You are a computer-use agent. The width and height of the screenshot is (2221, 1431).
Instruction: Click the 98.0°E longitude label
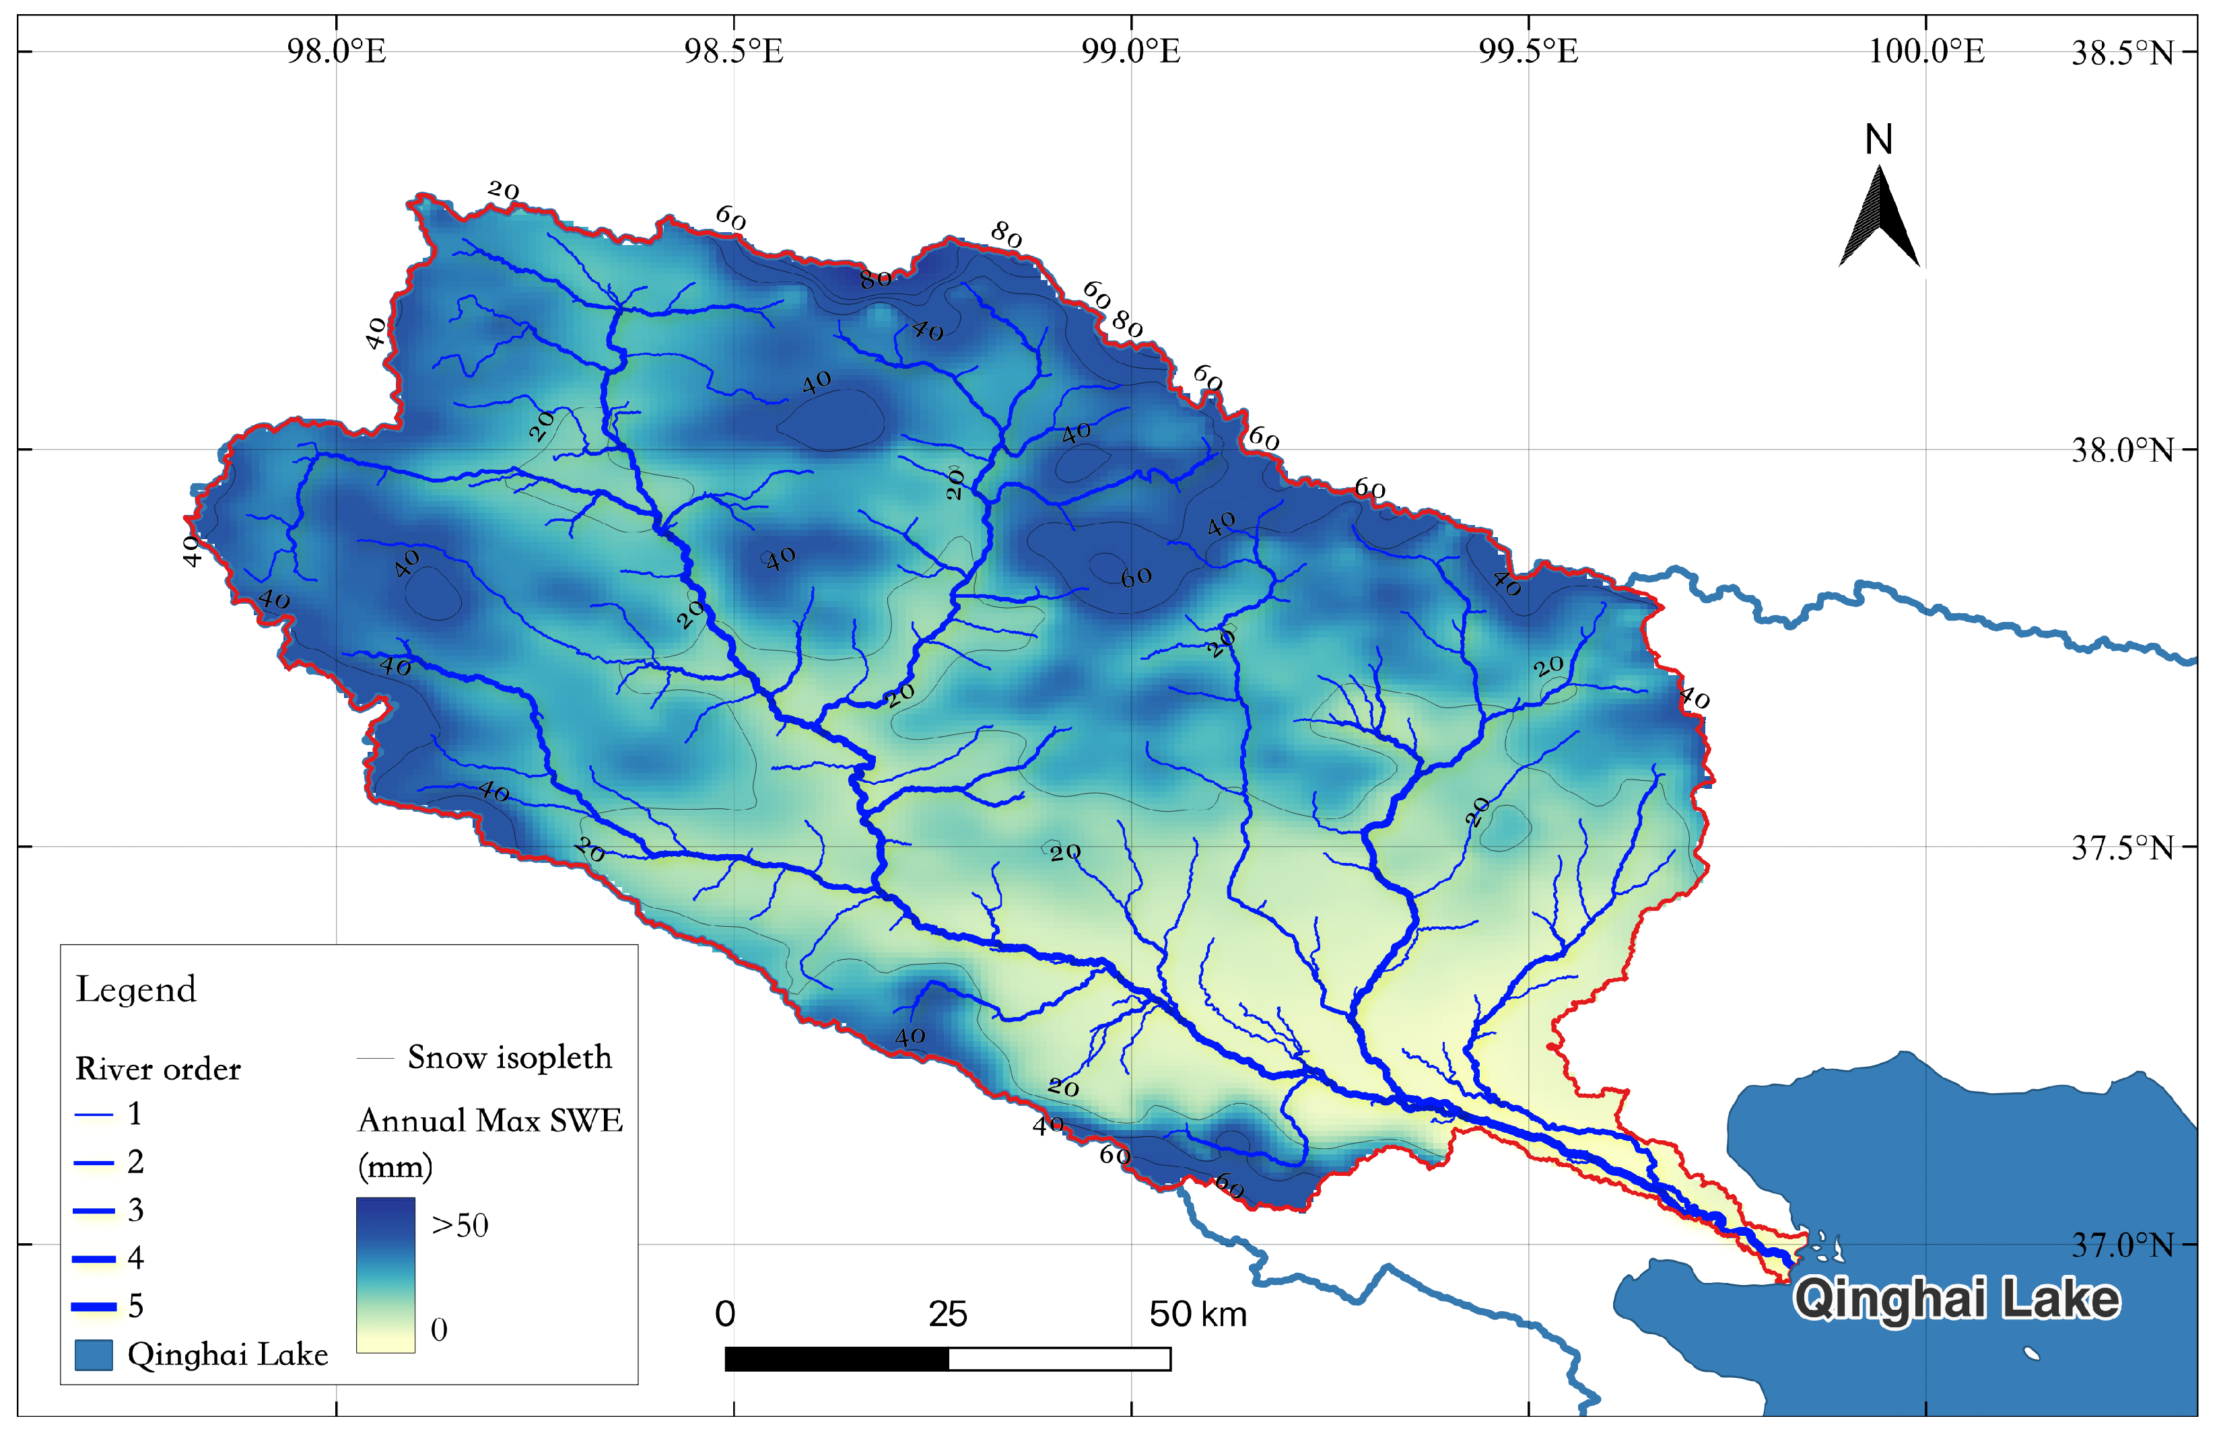coord(337,51)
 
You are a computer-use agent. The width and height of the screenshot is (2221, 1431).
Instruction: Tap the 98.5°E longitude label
coord(734,51)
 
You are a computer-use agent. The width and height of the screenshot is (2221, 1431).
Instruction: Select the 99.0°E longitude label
coord(1131,51)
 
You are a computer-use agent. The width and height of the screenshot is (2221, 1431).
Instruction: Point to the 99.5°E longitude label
coord(1529,51)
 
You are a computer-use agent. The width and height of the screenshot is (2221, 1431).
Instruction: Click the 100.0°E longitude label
coord(1925,51)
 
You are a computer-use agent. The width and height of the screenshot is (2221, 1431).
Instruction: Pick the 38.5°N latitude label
coord(2123,54)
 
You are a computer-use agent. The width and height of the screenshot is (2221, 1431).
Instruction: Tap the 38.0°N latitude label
coord(2123,452)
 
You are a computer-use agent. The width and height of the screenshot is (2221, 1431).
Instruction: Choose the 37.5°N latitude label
coord(2123,848)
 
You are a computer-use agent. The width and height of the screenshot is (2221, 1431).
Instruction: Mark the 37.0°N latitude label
coord(2123,1245)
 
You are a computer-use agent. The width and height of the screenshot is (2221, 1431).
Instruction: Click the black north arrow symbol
coord(1879,218)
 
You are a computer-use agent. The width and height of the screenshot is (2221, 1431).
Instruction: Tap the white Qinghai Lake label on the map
coord(1956,1299)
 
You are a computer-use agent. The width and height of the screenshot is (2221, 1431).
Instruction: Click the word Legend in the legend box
coord(136,989)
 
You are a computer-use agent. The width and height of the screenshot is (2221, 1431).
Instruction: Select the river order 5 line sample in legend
coord(94,1306)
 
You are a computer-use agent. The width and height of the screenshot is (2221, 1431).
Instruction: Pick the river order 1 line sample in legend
coord(94,1114)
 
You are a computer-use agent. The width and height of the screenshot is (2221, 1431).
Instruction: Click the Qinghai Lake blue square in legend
coord(93,1355)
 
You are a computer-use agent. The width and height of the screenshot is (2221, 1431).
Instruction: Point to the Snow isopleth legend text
coord(509,1057)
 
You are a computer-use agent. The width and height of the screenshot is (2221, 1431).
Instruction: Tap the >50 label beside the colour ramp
coord(460,1226)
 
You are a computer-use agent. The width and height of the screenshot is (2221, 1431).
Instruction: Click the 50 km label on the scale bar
coord(1197,1315)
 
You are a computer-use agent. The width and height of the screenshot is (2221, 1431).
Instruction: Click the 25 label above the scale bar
coord(948,1315)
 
